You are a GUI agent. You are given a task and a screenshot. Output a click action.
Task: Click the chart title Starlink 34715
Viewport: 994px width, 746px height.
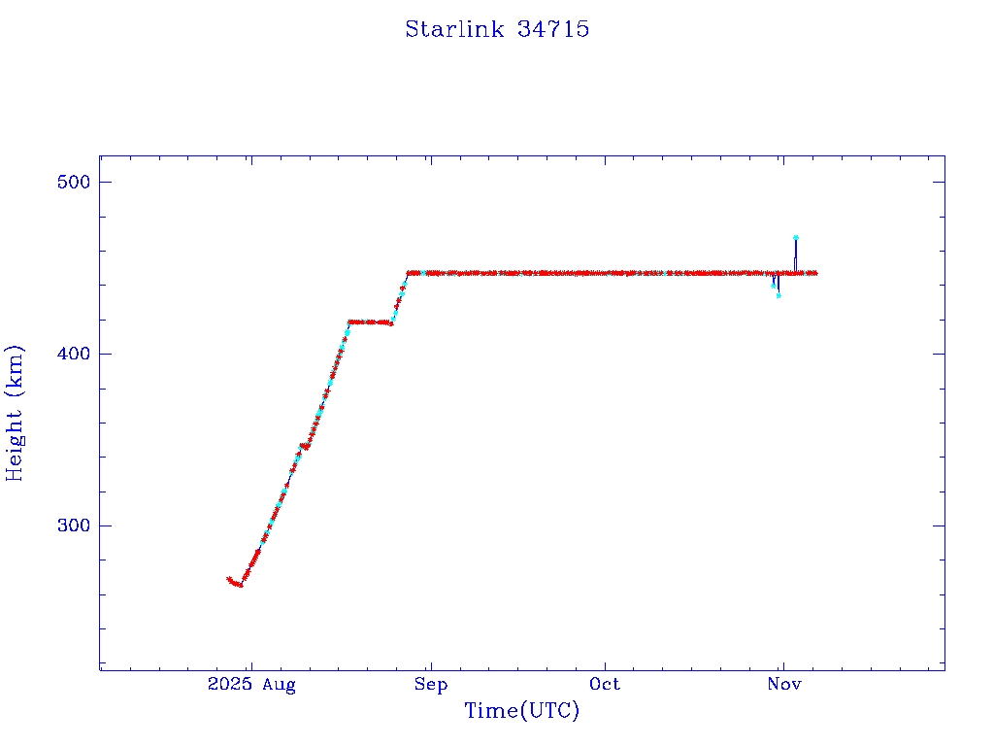[497, 29]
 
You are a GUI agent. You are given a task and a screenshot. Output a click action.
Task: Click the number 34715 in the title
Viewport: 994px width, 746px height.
[553, 29]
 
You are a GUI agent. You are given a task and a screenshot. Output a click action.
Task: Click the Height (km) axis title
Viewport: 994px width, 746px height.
[15, 413]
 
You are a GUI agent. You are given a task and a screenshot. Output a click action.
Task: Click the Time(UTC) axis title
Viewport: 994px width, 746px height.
[522, 711]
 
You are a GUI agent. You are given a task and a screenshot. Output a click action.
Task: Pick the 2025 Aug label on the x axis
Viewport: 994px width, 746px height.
[251, 685]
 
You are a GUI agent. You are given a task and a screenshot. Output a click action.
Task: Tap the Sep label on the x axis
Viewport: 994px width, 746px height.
[431, 685]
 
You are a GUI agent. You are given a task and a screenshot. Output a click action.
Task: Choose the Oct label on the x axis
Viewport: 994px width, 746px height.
[605, 685]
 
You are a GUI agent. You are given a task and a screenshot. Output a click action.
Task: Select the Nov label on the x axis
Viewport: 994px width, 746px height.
[784, 685]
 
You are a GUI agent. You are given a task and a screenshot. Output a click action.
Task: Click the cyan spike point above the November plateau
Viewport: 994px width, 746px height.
[796, 237]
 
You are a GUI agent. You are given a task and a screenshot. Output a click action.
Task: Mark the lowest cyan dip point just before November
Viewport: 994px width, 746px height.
[779, 294]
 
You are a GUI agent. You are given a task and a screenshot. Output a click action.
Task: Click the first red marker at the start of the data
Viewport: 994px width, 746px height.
[229, 579]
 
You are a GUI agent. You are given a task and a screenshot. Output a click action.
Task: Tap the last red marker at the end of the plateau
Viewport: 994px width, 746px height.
[814, 273]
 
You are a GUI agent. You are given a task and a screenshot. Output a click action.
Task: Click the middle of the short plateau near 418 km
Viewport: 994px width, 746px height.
[370, 322]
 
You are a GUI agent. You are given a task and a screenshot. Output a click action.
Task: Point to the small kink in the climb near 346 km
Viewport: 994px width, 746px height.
[305, 446]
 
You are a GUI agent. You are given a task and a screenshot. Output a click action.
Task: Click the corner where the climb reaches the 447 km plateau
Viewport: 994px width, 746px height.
[409, 273]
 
